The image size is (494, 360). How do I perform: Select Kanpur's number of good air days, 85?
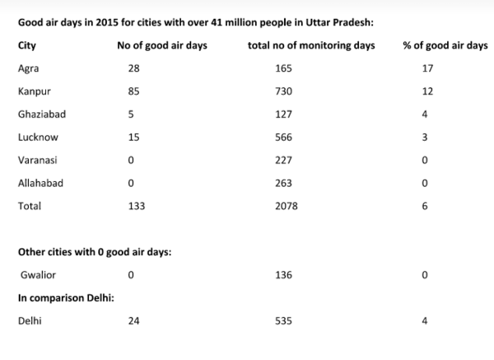pyautogui.click(x=134, y=91)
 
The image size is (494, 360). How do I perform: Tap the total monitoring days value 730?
pyautogui.click(x=284, y=91)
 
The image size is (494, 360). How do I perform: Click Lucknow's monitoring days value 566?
pyautogui.click(x=284, y=138)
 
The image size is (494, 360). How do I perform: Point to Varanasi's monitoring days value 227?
pyautogui.click(x=284, y=161)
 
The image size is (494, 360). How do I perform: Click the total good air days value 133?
pyautogui.click(x=137, y=207)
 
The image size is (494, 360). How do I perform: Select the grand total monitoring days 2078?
pyautogui.click(x=287, y=207)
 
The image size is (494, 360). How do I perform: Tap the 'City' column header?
pyautogui.click(x=26, y=45)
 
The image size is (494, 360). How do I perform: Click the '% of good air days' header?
pyautogui.click(x=445, y=45)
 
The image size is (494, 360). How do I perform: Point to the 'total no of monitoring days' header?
pyautogui.click(x=310, y=45)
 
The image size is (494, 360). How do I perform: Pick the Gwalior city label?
pyautogui.click(x=37, y=274)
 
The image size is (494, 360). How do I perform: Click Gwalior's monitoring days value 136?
pyautogui.click(x=284, y=274)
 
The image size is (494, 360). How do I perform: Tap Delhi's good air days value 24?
pyautogui.click(x=134, y=321)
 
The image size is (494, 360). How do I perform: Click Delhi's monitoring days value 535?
pyautogui.click(x=284, y=321)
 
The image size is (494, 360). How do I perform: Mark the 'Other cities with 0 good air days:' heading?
pyautogui.click(x=95, y=251)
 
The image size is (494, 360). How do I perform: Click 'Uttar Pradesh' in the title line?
pyautogui.click(x=340, y=22)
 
